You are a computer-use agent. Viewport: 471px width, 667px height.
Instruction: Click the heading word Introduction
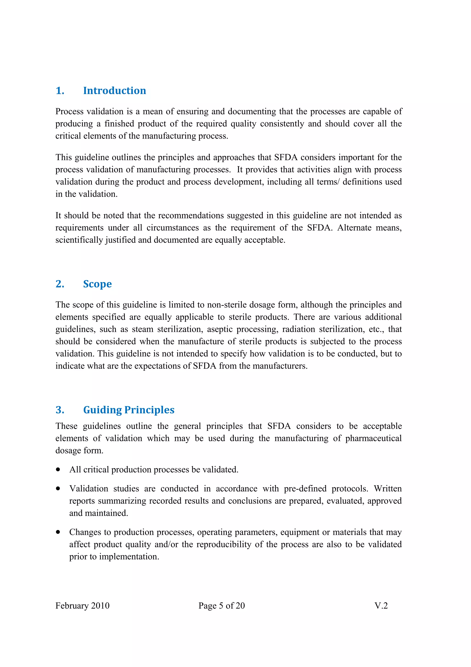(x=114, y=91)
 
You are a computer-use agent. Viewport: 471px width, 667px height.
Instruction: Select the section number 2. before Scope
(x=60, y=284)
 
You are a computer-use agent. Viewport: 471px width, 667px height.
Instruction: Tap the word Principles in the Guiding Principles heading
(x=149, y=410)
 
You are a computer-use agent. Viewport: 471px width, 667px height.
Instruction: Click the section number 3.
(x=60, y=410)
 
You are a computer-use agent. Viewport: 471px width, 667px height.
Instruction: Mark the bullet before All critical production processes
(x=58, y=470)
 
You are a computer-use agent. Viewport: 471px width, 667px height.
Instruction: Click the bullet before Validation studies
(x=58, y=489)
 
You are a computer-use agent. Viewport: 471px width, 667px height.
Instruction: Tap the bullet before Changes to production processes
(x=58, y=532)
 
